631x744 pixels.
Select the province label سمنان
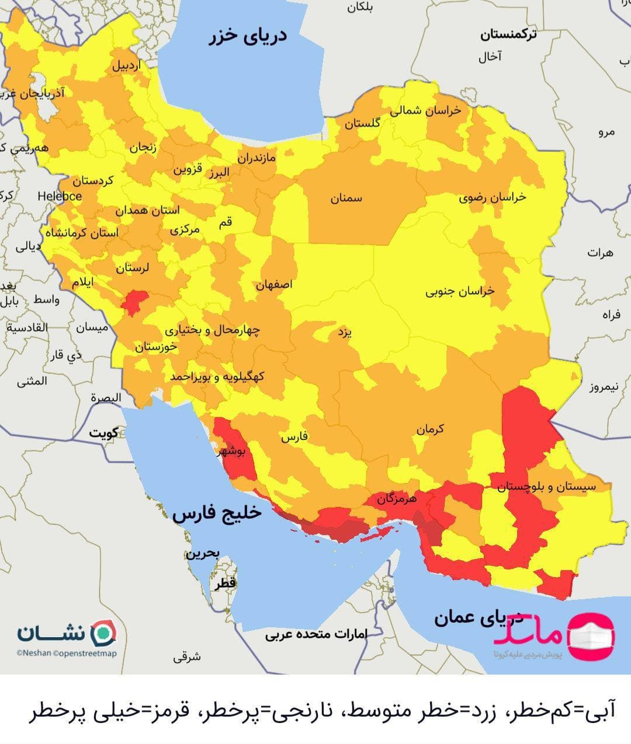[346, 198]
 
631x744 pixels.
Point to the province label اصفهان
[273, 285]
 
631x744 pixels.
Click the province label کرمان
[430, 429]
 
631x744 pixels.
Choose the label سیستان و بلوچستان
[547, 487]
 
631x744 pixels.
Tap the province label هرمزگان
[396, 499]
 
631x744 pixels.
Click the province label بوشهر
[234, 452]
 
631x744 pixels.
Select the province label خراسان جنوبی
[460, 291]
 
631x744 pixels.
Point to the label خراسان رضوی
[492, 197]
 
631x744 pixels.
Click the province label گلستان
[362, 124]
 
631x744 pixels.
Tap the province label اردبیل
[126, 66]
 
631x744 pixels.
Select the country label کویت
[103, 434]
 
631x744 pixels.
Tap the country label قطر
[224, 583]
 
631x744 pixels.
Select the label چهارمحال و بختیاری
[212, 330]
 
